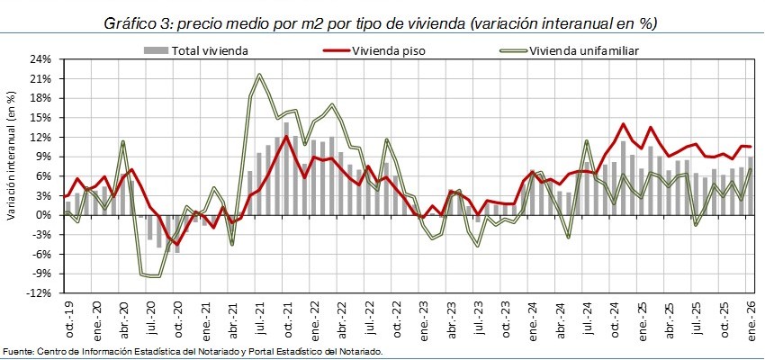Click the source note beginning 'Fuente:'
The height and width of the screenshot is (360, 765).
193,351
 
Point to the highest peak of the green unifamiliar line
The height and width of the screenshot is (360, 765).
259,75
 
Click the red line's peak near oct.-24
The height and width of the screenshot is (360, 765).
623,124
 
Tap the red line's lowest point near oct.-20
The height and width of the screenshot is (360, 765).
176,244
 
